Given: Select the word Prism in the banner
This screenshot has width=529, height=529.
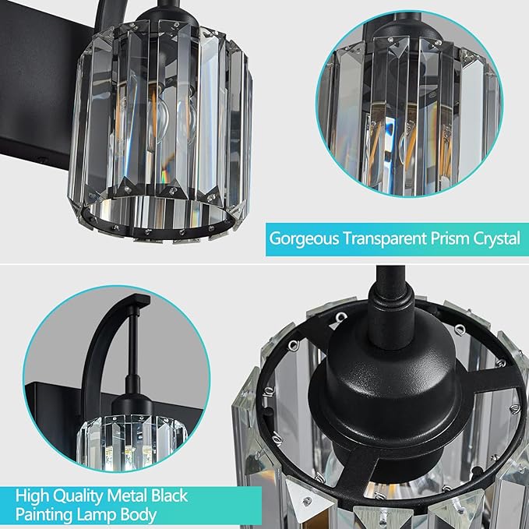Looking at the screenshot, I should click(x=443, y=238).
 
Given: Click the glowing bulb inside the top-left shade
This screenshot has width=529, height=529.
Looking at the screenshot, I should click(x=156, y=117).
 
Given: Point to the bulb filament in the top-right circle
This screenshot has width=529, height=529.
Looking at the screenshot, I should click(x=405, y=144).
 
